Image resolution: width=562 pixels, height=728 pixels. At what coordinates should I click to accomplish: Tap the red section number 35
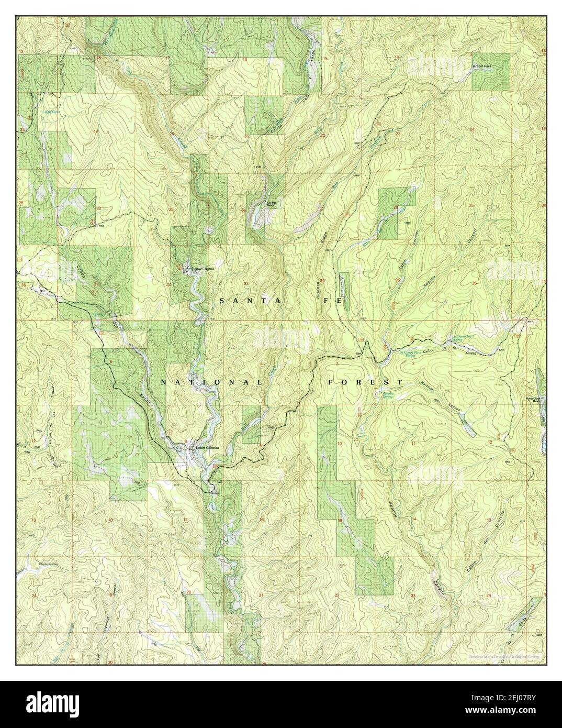tap(398, 280)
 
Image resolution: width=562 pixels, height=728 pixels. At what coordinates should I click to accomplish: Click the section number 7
tap(111, 445)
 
